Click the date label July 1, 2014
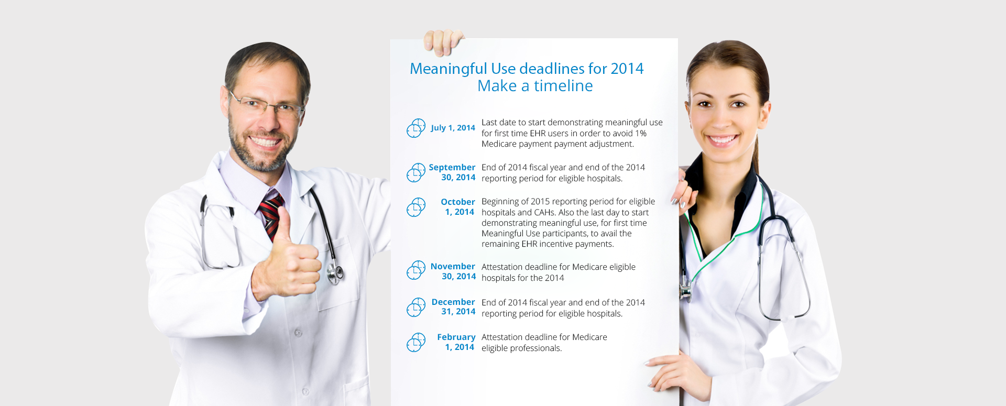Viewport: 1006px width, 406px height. [453, 128]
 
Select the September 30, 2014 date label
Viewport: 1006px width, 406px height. [452, 172]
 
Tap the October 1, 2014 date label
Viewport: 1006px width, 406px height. [458, 207]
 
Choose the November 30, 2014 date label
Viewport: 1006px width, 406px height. [453, 271]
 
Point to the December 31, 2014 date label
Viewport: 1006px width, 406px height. [453, 306]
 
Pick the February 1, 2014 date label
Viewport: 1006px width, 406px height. [456, 342]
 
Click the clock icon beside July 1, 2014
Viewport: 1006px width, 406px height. [416, 128]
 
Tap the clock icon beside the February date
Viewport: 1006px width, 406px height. [416, 343]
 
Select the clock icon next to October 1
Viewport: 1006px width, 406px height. [416, 207]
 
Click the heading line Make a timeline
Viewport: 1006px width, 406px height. [535, 86]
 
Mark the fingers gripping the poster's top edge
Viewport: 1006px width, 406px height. [443, 42]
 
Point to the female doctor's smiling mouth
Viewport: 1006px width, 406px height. [721, 140]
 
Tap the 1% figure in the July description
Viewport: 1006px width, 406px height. [641, 134]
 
